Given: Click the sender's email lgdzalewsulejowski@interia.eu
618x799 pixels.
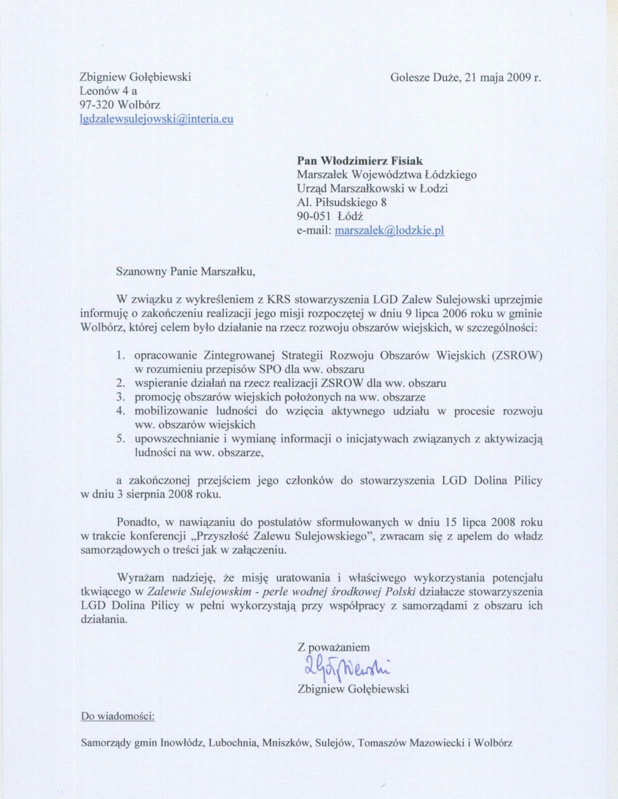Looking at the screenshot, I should [156, 119].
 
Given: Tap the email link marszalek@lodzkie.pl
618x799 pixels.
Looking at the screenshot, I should [389, 230].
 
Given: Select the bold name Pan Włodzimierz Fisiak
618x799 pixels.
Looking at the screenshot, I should [359, 161].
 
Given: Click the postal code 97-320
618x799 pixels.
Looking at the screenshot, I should [97, 105].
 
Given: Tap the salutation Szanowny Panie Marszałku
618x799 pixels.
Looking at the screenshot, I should [185, 272].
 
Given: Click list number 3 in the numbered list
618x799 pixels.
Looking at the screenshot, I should [120, 398].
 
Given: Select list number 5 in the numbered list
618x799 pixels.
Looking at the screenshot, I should [120, 439].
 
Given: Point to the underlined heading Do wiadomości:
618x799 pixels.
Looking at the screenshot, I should [118, 716].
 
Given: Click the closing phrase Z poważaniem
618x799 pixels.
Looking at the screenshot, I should [333, 648].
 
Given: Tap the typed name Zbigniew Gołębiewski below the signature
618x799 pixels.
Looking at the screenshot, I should [353, 689].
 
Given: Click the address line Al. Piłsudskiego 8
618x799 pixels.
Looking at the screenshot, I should [341, 203].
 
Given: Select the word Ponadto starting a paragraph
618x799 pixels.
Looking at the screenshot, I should [137, 522].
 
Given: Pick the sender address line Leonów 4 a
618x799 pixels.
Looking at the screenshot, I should [108, 91].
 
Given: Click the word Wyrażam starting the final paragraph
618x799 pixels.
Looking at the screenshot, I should [140, 578].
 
